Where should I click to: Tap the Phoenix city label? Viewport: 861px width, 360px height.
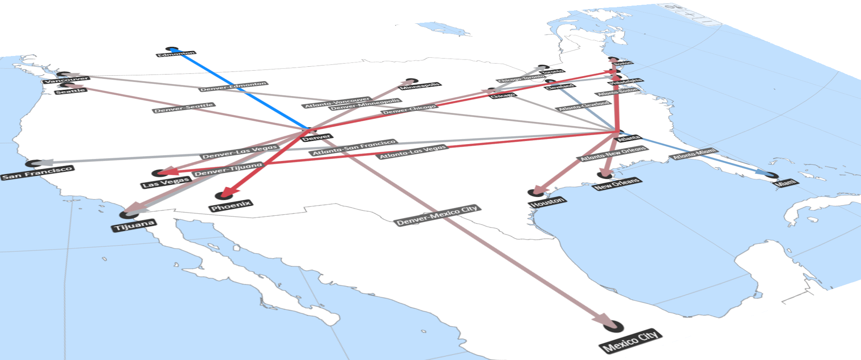tap(231, 206)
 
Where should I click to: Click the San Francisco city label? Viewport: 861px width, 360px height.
tap(37, 173)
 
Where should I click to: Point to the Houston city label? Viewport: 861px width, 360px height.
tap(548, 202)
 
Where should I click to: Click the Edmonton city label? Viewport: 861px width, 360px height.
tap(176, 54)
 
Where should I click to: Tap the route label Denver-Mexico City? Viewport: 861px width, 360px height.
tap(437, 216)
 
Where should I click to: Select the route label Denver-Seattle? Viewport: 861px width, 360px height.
tap(184, 108)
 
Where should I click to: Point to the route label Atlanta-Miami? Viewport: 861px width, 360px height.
tap(694, 154)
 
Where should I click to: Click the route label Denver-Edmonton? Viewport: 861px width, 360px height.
tap(233, 87)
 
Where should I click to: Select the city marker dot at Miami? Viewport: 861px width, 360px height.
tap(771, 175)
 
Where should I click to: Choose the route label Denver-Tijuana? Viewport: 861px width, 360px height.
tap(228, 170)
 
